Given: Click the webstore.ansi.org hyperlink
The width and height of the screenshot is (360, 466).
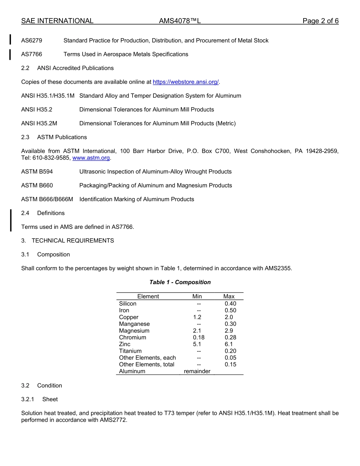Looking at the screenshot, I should (x=186, y=82).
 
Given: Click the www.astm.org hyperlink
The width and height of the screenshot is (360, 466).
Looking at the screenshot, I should (x=91, y=158).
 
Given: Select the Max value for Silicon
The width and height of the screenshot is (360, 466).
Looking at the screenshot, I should (x=230, y=304).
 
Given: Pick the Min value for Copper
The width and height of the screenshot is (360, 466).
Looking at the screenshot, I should (x=197, y=317).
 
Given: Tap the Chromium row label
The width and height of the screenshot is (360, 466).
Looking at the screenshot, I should (x=132, y=338).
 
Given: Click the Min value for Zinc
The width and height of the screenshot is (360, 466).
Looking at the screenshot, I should (x=197, y=344).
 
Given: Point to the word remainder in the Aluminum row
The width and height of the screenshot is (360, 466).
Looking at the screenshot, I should (x=197, y=372).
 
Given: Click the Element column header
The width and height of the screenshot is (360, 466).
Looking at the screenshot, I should (x=148, y=297).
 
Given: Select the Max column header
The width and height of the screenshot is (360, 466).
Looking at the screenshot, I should (x=229, y=297).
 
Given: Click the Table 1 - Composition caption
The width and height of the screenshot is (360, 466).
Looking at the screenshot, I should (x=180, y=282).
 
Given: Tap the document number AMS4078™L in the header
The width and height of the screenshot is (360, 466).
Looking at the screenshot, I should (x=180, y=21).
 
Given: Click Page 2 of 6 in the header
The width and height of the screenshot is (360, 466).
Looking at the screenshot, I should (x=320, y=21).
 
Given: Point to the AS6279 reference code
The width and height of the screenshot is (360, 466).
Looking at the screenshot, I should (x=31, y=41).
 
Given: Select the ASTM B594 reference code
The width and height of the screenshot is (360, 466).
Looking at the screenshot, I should (x=37, y=172).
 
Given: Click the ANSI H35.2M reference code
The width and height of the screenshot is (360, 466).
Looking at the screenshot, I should (x=39, y=124).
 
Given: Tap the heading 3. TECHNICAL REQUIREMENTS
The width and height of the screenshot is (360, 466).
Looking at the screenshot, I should (x=67, y=241).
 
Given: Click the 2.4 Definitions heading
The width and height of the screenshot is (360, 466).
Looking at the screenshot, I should (x=43, y=213).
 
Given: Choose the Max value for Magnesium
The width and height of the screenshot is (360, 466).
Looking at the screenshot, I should (x=229, y=331).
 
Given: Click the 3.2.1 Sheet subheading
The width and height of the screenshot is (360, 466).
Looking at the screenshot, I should (x=39, y=400).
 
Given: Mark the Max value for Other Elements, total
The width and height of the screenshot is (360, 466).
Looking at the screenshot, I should (x=230, y=365).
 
